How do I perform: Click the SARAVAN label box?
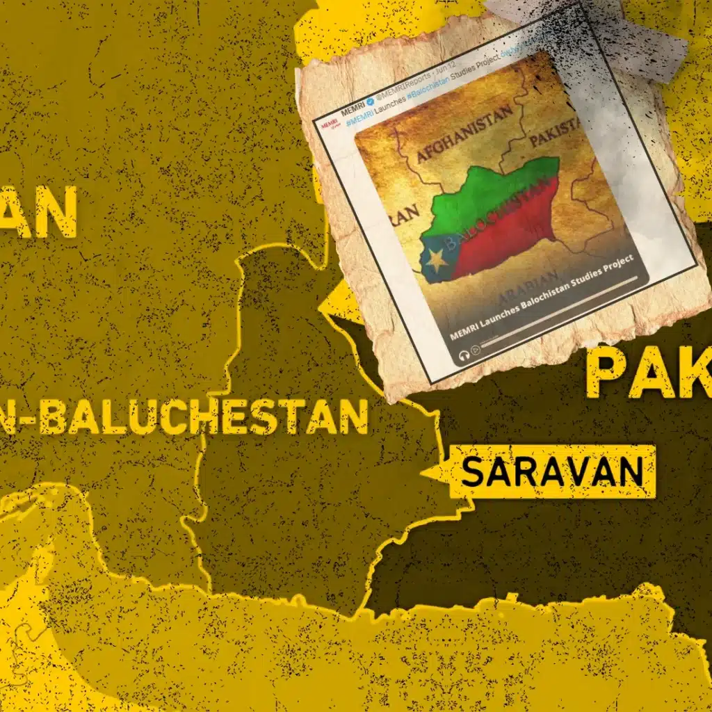(x=552, y=472)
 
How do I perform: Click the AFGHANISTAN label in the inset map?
(x=464, y=134)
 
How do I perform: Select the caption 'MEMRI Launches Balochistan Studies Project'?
(x=542, y=297)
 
